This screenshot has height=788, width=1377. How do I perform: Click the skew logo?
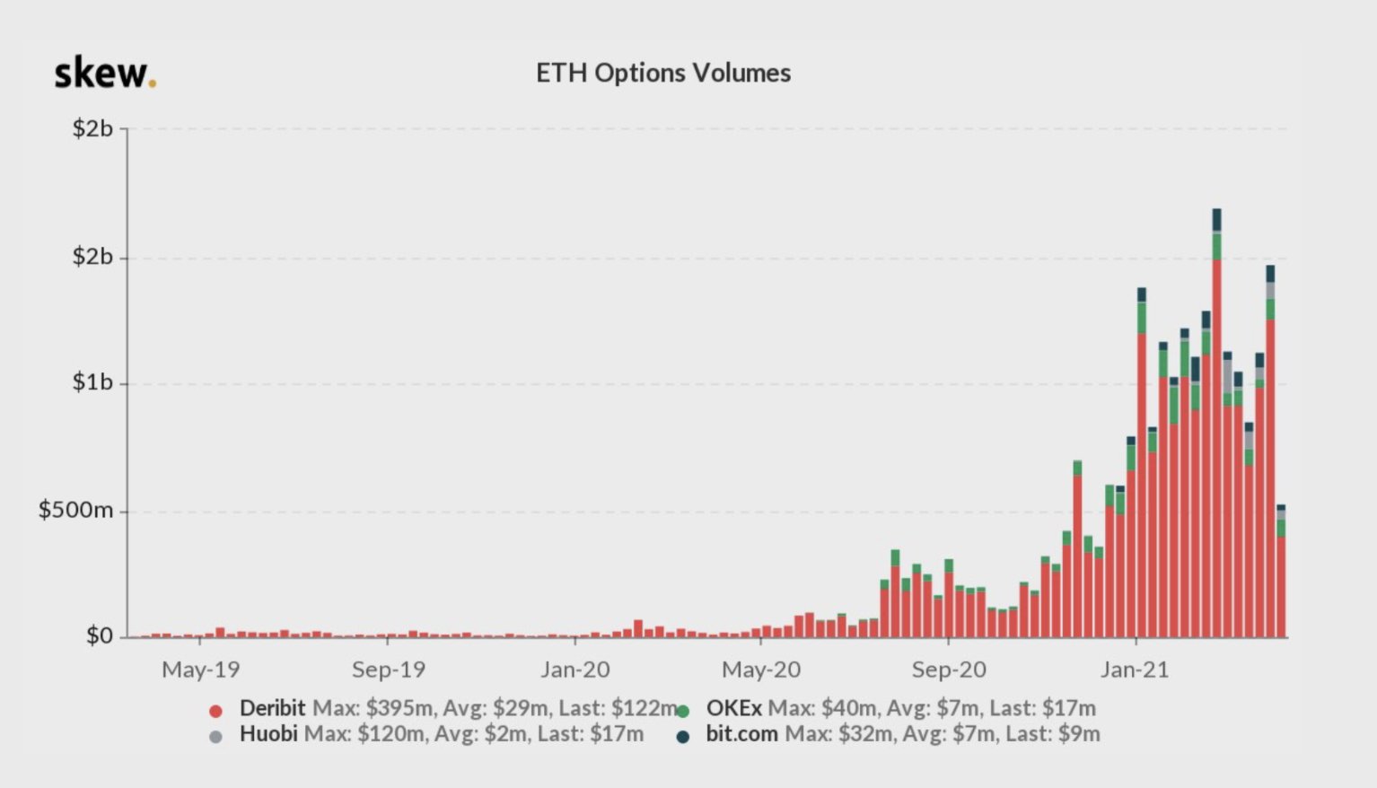click(x=105, y=74)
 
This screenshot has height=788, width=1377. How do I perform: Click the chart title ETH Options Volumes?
click(x=663, y=73)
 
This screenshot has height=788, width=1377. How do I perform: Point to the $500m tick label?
click(x=75, y=511)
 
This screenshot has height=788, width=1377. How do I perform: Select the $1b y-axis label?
click(x=92, y=382)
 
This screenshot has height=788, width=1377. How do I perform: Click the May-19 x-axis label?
click(x=200, y=670)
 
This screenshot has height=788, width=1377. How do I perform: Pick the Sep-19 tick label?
click(x=388, y=670)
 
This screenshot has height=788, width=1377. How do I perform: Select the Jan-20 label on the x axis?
click(x=575, y=670)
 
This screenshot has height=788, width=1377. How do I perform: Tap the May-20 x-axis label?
click(x=761, y=670)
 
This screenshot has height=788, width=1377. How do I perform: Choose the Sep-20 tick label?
click(x=949, y=670)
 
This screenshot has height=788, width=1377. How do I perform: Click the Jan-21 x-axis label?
click(x=1136, y=670)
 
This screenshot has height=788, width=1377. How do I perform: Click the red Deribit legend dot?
click(x=215, y=711)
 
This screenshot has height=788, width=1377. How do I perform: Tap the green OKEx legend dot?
click(x=683, y=711)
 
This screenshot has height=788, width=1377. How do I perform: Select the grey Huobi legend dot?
click(x=215, y=737)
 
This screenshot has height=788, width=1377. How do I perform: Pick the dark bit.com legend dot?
click(x=683, y=737)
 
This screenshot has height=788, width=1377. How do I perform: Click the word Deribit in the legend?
click(x=272, y=708)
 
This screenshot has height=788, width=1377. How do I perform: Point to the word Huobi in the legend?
click(x=268, y=734)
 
